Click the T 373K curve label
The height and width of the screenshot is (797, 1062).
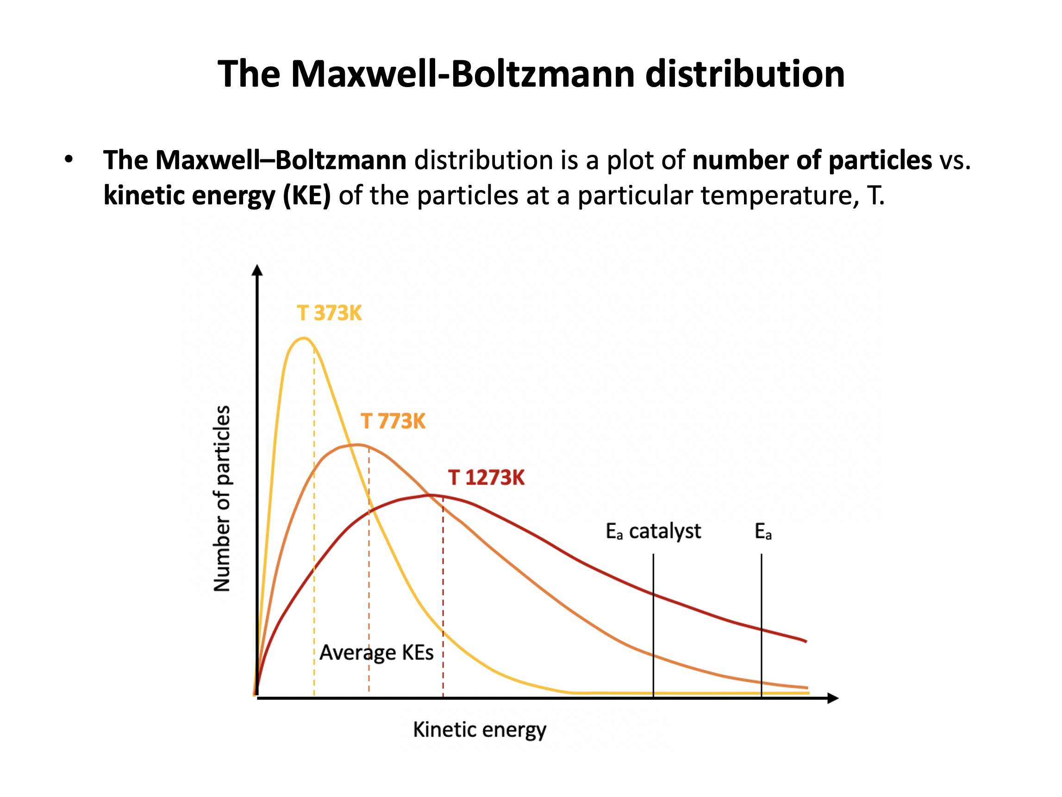(329, 313)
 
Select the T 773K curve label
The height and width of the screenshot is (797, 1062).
(393, 421)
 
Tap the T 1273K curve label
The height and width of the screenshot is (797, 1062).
(487, 478)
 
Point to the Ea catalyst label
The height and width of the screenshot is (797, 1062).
(653, 531)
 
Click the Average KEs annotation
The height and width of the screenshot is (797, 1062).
(376, 652)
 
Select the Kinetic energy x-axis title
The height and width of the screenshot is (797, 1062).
(480, 729)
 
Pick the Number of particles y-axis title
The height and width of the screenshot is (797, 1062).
(222, 498)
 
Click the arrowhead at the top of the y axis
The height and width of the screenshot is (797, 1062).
(257, 271)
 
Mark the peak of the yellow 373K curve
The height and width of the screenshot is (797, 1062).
(303, 338)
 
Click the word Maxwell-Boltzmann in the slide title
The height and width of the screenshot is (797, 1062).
(463, 74)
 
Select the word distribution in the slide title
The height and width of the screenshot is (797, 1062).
(744, 74)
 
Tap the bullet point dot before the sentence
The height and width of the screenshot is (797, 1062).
(69, 159)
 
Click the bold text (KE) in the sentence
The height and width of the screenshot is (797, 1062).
(307, 196)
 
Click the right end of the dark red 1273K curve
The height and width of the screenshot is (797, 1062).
(806, 641)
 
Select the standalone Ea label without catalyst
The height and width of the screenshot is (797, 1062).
(762, 531)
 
